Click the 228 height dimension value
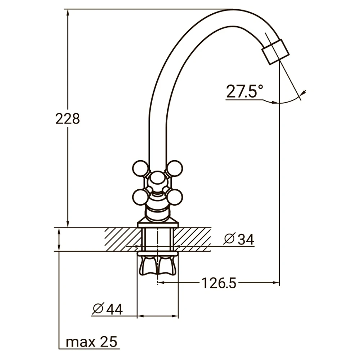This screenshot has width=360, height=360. point(68,119)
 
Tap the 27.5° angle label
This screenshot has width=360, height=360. point(244,91)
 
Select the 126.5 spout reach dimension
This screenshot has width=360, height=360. point(219,283)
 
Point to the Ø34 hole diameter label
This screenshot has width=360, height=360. point(239,239)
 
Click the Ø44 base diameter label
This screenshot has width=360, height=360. point(107,309)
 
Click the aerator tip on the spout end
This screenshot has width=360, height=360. point(275,52)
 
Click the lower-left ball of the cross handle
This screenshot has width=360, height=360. point(140,197)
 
